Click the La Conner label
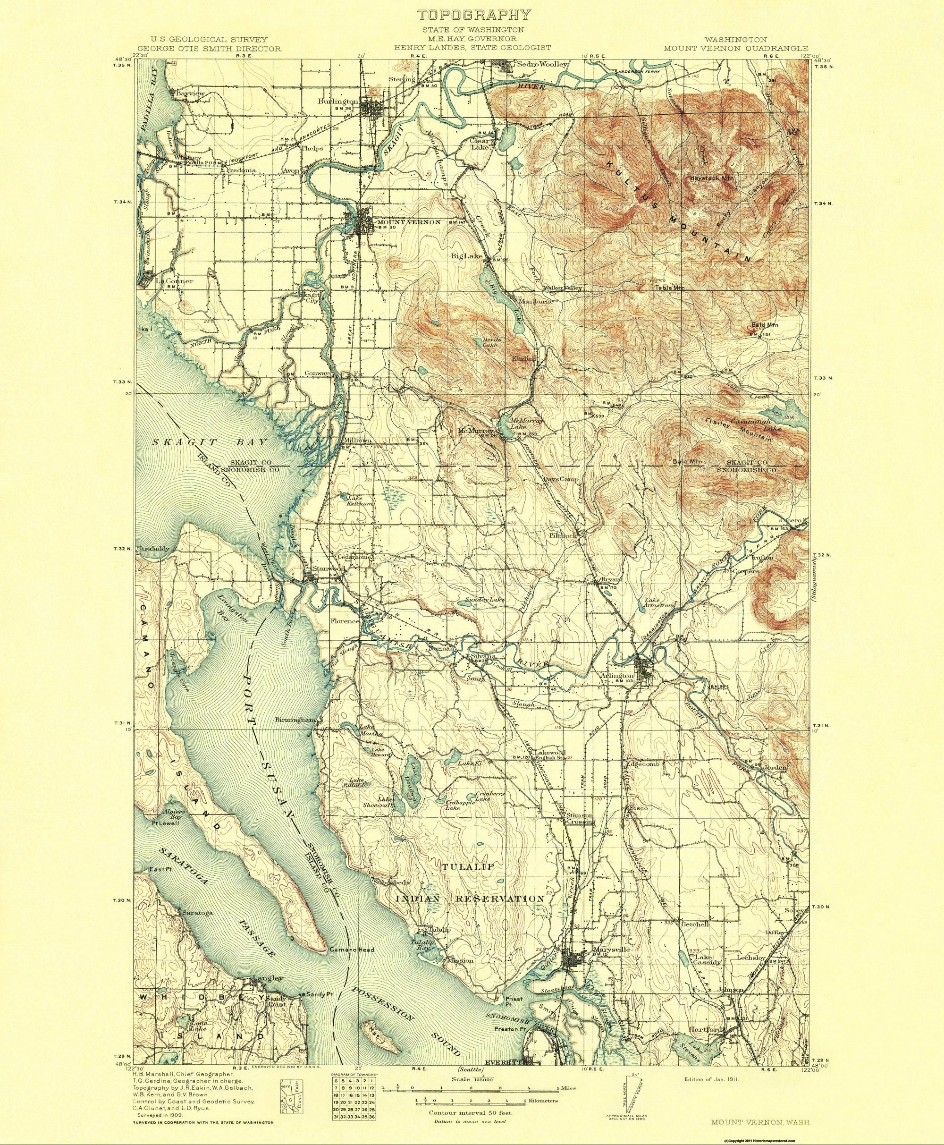coord(174,281)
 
